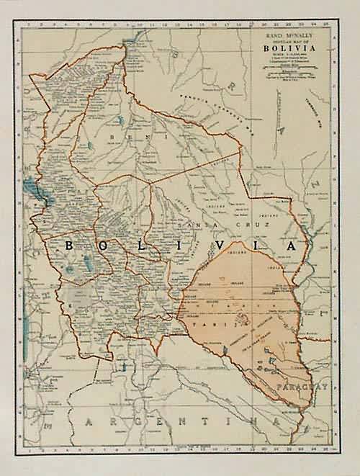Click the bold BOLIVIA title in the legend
click(287, 49)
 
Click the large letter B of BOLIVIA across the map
click(70, 246)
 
